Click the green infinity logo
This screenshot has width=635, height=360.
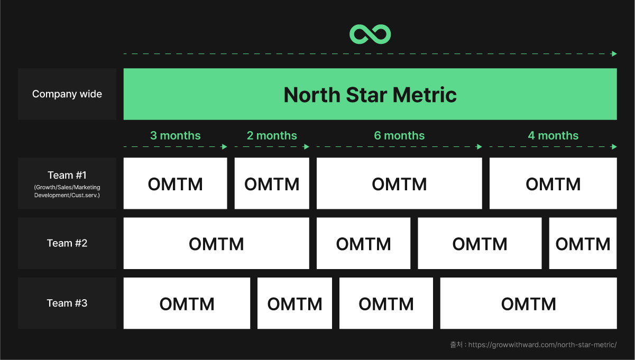tap(370, 34)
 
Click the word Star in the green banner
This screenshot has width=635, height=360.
tap(366, 95)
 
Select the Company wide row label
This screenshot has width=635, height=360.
tap(67, 94)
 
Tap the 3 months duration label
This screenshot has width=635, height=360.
tap(175, 135)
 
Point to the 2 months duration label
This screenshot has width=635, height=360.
tap(272, 135)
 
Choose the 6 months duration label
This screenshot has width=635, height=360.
tap(399, 135)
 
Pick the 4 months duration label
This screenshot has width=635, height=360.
tap(553, 135)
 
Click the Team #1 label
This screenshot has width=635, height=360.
tap(67, 175)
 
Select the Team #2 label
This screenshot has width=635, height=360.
tap(67, 243)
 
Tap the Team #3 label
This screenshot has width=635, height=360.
tap(67, 303)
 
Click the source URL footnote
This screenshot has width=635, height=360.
tap(533, 345)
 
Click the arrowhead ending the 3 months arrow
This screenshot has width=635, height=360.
tap(225, 147)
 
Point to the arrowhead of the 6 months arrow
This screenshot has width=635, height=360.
tap(480, 147)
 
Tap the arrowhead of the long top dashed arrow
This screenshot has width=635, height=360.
tap(614, 54)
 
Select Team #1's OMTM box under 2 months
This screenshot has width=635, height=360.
tap(272, 183)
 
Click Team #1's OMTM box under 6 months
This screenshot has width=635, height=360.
tap(399, 183)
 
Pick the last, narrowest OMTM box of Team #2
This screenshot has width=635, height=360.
tap(583, 243)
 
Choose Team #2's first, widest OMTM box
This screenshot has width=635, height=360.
tap(216, 243)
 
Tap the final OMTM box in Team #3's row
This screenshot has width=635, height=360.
tap(528, 303)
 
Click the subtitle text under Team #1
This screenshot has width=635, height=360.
tap(67, 191)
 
